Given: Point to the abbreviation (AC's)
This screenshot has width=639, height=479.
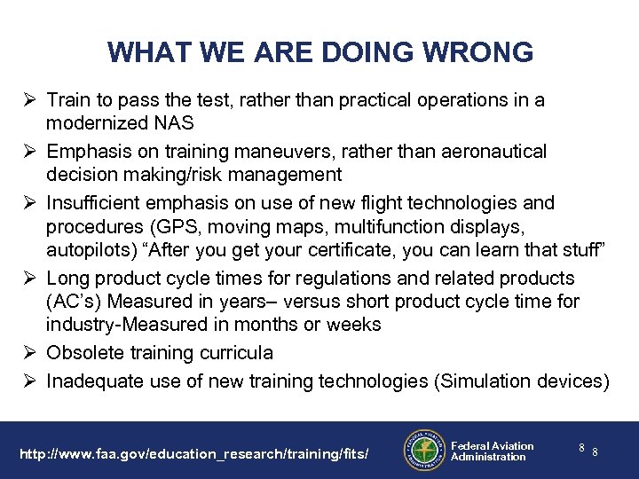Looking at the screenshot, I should [x=75, y=302].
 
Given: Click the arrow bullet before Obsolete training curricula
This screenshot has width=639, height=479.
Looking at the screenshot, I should [x=32, y=352].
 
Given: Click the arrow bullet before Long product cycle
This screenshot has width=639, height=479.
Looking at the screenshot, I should [x=32, y=278].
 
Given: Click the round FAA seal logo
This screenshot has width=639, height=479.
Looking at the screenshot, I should [x=422, y=450].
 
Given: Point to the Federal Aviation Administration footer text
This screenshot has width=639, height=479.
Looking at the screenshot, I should [x=492, y=451].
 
